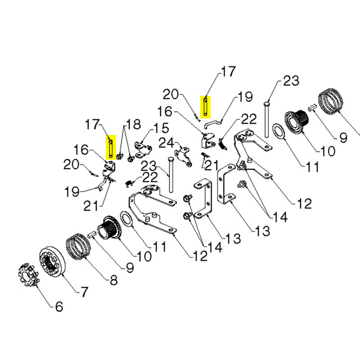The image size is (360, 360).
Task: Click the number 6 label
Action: point(59,306)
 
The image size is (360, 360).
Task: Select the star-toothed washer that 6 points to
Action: point(28,275)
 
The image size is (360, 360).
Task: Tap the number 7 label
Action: point(84,292)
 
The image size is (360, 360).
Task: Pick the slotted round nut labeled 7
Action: point(53,262)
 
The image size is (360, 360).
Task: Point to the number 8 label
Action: point(114,280)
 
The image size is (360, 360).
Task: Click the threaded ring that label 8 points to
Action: point(78,247)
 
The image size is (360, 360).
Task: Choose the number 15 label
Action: point(161,128)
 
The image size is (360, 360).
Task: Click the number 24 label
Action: point(166,143)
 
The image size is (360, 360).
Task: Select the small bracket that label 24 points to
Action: point(184,157)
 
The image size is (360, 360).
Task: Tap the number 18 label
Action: point(133,124)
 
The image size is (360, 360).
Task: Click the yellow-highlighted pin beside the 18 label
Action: point(111,147)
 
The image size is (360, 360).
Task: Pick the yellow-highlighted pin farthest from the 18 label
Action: point(205,107)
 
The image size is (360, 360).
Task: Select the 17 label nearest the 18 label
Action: point(92,124)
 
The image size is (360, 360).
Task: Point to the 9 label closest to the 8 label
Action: point(130,267)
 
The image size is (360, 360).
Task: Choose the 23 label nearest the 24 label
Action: point(148,166)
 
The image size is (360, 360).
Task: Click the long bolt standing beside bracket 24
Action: point(171,175)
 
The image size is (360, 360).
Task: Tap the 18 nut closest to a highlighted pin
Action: point(119,157)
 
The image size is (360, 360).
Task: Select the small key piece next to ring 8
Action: point(91,235)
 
